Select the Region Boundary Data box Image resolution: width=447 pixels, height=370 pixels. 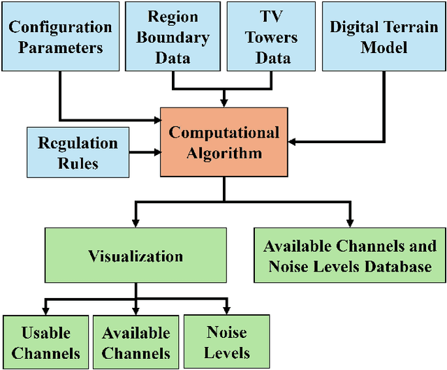point(173,36)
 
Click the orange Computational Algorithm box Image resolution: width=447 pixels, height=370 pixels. point(223,142)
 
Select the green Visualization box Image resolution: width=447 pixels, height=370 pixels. point(135,256)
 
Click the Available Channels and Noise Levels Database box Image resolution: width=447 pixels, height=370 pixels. point(349,256)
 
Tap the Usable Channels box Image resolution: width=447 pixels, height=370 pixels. point(45,342)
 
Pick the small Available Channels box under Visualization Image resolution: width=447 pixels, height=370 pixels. point(135,342)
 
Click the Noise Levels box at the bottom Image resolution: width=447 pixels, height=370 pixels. point(226,342)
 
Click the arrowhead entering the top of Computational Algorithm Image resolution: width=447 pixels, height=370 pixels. point(223,103)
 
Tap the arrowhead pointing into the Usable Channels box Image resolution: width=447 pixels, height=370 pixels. point(45,311)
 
